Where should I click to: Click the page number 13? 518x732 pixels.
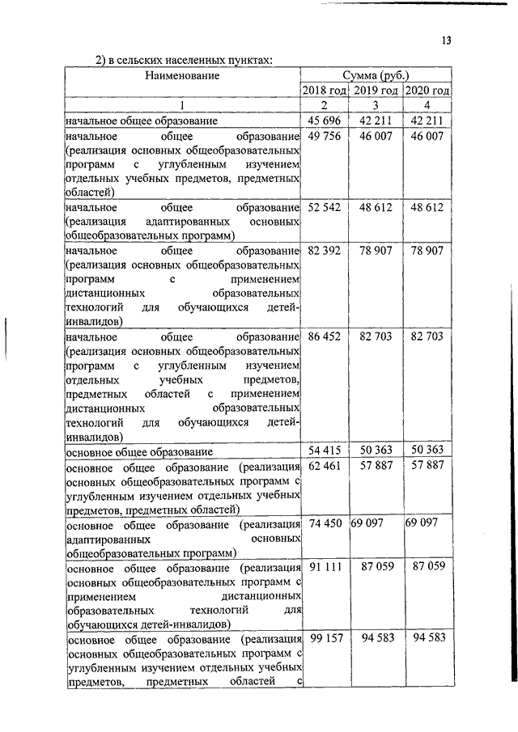point(446,42)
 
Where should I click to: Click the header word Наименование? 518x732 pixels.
point(182,75)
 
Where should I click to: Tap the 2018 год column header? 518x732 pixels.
point(325,91)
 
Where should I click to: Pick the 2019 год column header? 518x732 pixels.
point(376,91)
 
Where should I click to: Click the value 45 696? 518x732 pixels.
point(324,121)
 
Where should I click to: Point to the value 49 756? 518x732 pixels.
point(324,137)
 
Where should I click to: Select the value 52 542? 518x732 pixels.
point(324,207)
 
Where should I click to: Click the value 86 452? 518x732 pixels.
point(324,336)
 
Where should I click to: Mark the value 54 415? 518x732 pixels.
point(324,451)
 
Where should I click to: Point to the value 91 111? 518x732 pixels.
point(324,567)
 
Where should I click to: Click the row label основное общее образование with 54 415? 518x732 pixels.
point(139,452)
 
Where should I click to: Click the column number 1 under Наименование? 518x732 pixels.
point(182,106)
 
